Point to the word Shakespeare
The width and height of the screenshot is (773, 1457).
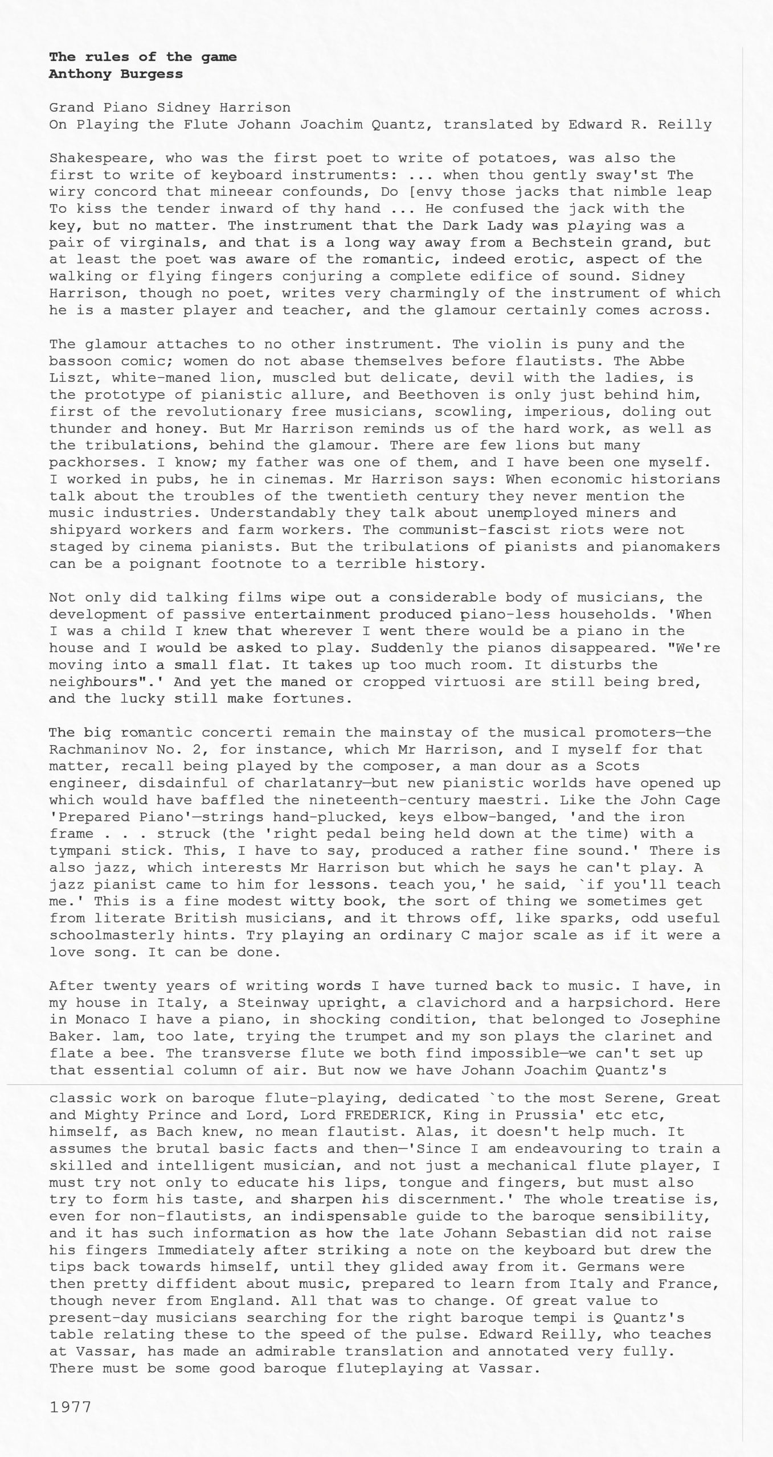tap(98, 158)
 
